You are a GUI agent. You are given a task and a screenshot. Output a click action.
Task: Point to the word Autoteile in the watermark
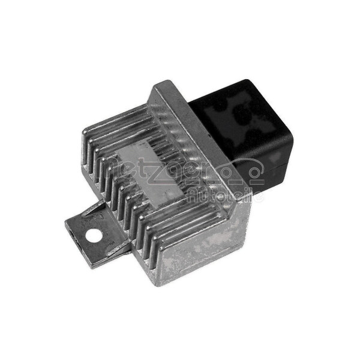(225, 196)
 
